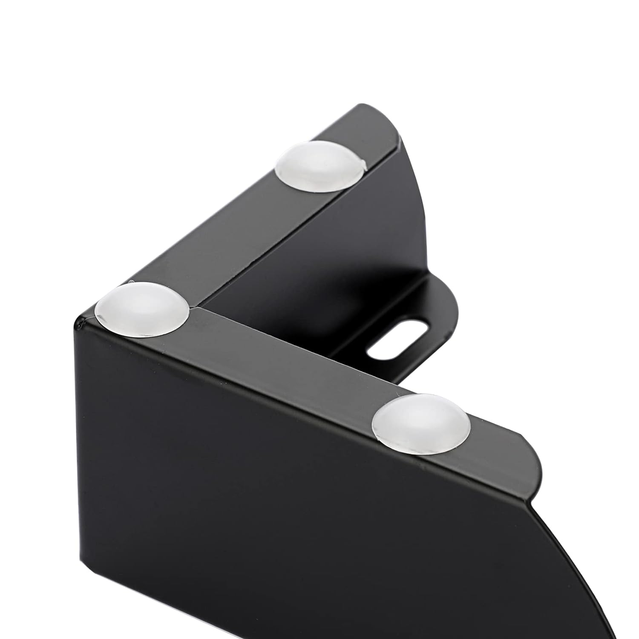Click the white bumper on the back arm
320,167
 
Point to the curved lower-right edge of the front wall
596,567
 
